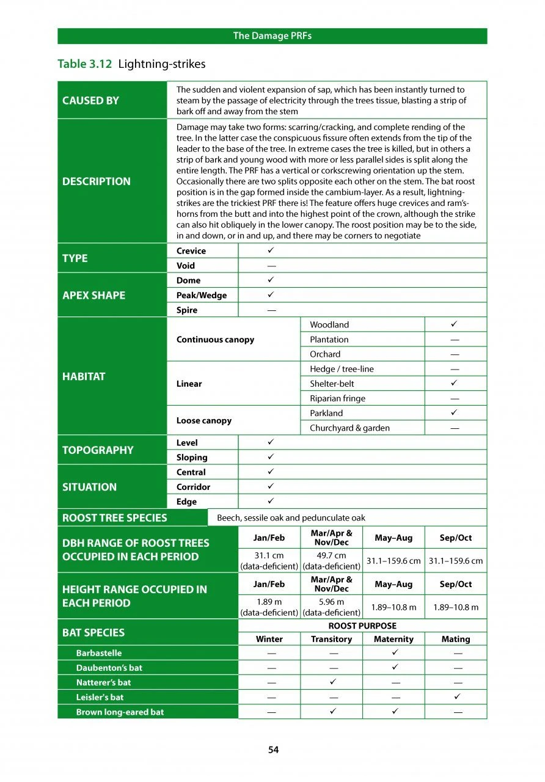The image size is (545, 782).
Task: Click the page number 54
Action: click(x=273, y=750)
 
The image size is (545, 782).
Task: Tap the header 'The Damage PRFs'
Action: click(x=272, y=36)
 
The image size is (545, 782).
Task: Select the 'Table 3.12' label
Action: click(x=84, y=64)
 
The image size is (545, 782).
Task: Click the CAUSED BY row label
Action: click(x=91, y=101)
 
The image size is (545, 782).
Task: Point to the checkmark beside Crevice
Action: click(x=270, y=250)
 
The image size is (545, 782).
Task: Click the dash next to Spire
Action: click(x=271, y=310)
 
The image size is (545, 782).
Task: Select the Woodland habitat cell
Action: click(x=329, y=325)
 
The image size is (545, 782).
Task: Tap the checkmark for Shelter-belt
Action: click(x=455, y=384)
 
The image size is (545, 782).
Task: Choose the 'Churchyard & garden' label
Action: click(x=349, y=428)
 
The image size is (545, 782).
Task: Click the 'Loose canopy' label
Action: click(x=204, y=421)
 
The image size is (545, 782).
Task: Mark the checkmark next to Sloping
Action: click(x=270, y=457)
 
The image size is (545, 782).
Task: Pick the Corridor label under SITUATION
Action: click(x=193, y=487)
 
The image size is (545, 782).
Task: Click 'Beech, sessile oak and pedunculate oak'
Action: click(x=291, y=518)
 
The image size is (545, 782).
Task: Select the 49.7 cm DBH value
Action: click(x=332, y=555)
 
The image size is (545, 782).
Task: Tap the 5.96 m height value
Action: click(x=332, y=602)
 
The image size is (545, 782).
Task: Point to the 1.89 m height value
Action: click(x=269, y=602)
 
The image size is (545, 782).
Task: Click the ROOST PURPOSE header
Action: click(x=362, y=626)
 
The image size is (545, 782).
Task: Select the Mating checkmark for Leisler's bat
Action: click(x=456, y=697)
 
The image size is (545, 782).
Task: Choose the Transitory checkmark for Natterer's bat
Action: click(x=332, y=682)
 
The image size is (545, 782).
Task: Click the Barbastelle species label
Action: click(x=99, y=653)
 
